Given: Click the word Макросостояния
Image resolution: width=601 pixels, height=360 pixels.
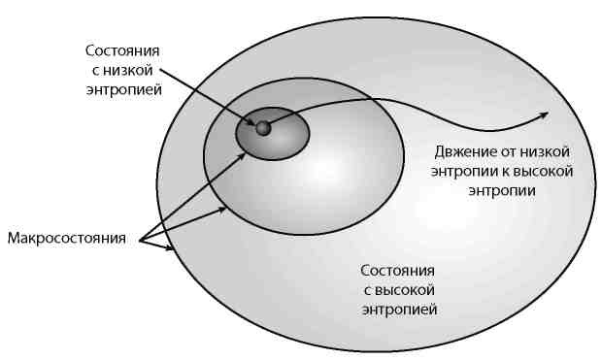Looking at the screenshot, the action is [x=67, y=238].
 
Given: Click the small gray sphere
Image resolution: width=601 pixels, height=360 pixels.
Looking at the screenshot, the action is [x=262, y=127].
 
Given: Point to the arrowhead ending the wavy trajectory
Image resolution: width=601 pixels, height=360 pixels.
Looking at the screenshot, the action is [x=542, y=115].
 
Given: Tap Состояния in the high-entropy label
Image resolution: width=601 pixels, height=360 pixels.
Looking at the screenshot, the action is [x=397, y=270].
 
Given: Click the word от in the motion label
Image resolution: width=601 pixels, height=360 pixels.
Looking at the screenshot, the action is [x=510, y=151].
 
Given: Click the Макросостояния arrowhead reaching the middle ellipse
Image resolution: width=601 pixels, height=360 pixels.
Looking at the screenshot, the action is [x=225, y=207].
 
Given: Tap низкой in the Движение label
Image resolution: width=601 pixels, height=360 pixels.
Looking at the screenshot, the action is [x=548, y=151].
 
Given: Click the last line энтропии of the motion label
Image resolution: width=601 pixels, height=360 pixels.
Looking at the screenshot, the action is [x=500, y=190].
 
